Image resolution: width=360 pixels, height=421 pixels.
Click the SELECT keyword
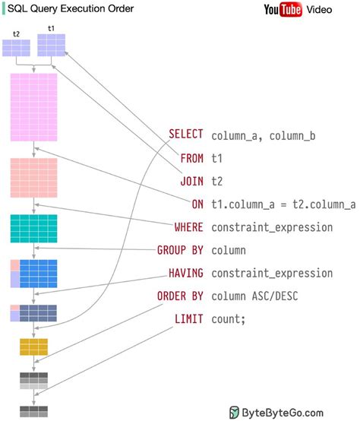pyautogui.click(x=185, y=135)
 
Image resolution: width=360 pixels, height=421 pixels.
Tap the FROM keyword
pyautogui.click(x=191, y=158)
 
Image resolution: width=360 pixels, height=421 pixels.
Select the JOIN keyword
pyautogui.click(x=191, y=181)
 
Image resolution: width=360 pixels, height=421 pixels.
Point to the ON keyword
pyautogui.click(x=197, y=204)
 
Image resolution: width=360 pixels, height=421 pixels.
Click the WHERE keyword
pyautogui.click(x=188, y=226)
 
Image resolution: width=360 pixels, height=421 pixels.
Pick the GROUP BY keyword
pyautogui.click(x=180, y=249)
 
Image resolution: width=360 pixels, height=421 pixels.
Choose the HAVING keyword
pyautogui.click(x=185, y=272)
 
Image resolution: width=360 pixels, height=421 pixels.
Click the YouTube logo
pyautogui.click(x=283, y=9)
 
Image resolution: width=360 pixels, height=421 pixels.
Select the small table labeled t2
pyautogui.click(x=16, y=47)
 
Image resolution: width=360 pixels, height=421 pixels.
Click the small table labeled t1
pyautogui.click(x=52, y=45)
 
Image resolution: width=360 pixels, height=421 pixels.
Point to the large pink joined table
pyautogui.click(x=33, y=107)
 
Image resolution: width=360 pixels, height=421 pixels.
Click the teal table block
pyautogui.click(x=33, y=228)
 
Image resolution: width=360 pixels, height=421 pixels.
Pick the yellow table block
pyautogui.click(x=33, y=347)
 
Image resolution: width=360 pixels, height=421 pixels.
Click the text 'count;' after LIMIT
pyautogui.click(x=229, y=318)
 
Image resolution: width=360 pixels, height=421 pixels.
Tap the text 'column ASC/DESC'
pyautogui.click(x=255, y=296)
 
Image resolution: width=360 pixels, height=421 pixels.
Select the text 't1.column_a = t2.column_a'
pyautogui.click(x=283, y=204)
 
